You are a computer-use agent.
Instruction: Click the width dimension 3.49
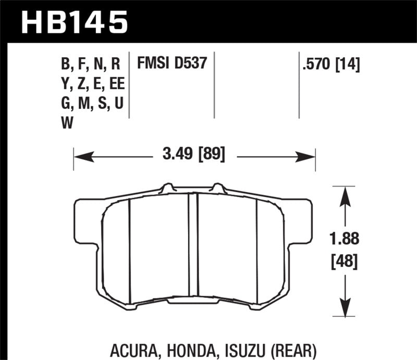point(174,155)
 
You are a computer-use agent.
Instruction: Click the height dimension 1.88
point(342,240)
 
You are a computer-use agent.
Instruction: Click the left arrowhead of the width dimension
point(79,155)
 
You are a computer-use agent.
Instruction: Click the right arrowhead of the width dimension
point(310,155)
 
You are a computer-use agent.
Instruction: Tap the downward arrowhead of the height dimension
point(343,309)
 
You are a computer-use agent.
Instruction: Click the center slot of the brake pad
point(193,245)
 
